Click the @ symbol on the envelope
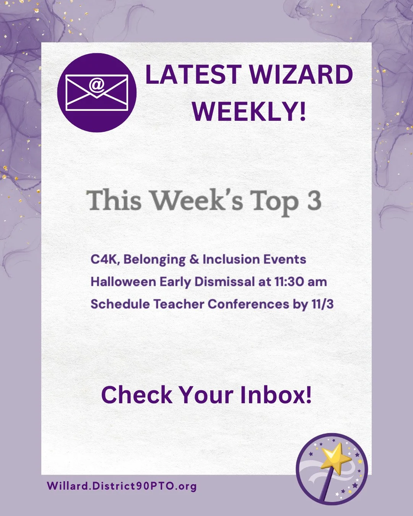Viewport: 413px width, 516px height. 97,85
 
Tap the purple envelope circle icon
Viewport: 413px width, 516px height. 97,92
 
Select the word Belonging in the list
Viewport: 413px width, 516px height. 154,260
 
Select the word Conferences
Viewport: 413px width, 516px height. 249,304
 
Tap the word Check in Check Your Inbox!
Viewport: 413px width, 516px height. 137,395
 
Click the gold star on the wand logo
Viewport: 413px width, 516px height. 335,458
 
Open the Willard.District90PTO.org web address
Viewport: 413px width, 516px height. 122,486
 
